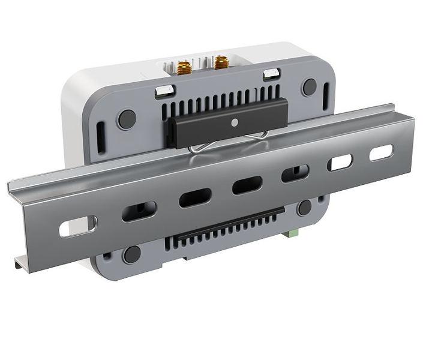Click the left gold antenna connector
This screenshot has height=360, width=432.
pyautogui.click(x=184, y=66)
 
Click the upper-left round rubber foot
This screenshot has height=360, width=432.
pyautogui.click(x=127, y=119)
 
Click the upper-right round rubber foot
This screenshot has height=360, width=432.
pyautogui.click(x=309, y=87)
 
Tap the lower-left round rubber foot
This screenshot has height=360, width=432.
pyautogui.click(x=131, y=254)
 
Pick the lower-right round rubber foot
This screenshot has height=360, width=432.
pyautogui.click(x=305, y=208)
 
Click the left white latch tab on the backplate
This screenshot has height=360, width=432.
pyautogui.click(x=163, y=91)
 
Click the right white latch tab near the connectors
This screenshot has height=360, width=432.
pyautogui.click(x=271, y=74)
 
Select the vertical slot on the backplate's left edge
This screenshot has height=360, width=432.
pyautogui.click(x=100, y=133)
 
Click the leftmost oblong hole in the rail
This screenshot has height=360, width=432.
pyautogui.click(x=78, y=226)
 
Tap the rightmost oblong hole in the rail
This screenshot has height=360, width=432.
pyautogui.click(x=382, y=153)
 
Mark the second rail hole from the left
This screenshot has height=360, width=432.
pyautogui.click(x=139, y=211)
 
